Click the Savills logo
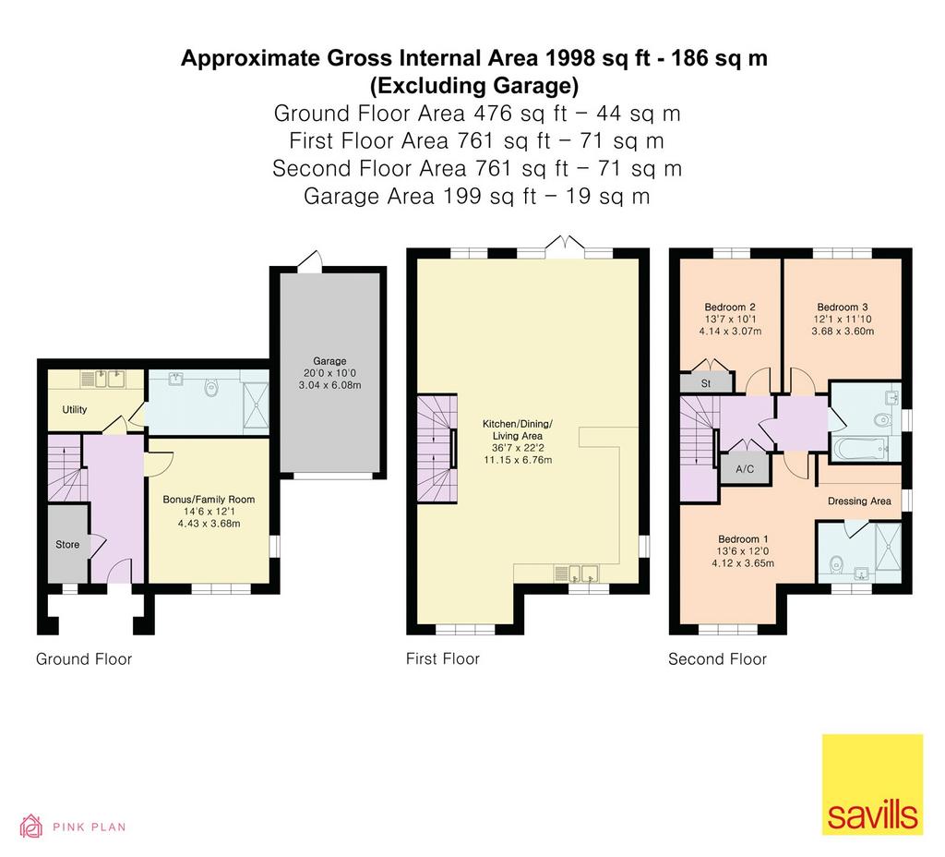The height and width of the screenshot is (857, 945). click(x=872, y=784)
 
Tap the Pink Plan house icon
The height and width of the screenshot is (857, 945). click(x=31, y=827)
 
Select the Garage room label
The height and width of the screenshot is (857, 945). click(x=329, y=361)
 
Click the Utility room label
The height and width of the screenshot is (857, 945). click(x=75, y=409)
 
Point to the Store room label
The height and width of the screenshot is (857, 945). click(x=67, y=545)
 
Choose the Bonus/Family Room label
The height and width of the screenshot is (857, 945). click(x=209, y=500)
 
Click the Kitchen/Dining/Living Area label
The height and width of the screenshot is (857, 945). click(x=517, y=429)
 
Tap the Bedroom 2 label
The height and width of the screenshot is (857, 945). click(x=730, y=307)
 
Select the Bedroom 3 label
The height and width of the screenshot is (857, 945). click(x=843, y=307)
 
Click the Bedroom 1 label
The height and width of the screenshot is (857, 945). click(x=743, y=539)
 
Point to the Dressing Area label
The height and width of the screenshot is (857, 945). click(x=859, y=501)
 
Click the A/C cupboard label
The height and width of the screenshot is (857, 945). click(x=745, y=468)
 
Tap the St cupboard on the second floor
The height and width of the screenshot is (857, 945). click(x=706, y=383)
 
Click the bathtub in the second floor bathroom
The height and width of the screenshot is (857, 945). click(x=861, y=449)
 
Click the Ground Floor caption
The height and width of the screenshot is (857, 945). click(x=84, y=659)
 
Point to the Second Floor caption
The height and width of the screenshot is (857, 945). click(x=717, y=659)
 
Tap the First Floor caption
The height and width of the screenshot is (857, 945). click(x=443, y=659)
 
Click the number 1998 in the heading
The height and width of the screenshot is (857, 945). click(x=570, y=58)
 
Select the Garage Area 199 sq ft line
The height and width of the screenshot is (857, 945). click(x=477, y=196)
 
